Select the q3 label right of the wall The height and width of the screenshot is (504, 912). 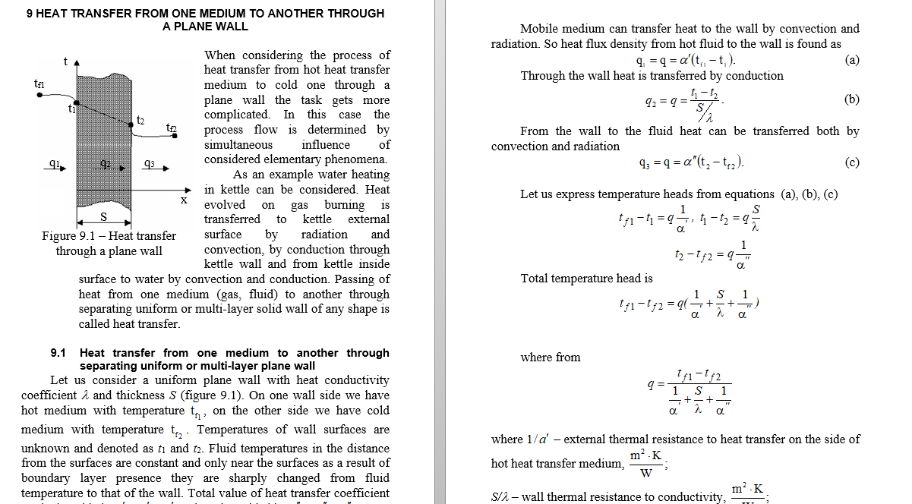[x=149, y=163]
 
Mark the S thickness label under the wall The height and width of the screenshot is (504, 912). [x=104, y=218]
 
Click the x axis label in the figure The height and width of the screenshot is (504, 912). [x=183, y=200]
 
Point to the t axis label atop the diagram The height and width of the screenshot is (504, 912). [x=65, y=60]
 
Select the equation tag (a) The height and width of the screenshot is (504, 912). [x=851, y=60]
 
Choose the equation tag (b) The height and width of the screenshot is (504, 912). [x=851, y=99]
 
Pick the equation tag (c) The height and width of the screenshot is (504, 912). [x=851, y=162]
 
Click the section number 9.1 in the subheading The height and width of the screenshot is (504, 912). [x=59, y=353]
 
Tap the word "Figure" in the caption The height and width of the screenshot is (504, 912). [x=59, y=235]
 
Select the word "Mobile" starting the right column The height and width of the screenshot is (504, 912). [x=538, y=29]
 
